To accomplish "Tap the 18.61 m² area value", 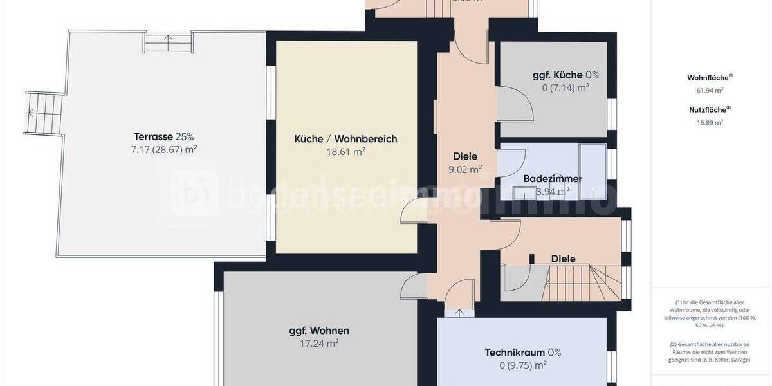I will pos(345,152).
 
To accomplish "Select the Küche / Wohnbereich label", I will pos(345,139).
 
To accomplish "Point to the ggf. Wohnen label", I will pos(319,331).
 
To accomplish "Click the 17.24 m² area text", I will pos(319,344).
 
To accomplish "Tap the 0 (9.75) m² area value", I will pos(522,365).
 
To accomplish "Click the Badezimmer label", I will pos(553,178).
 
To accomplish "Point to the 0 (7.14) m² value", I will pos(565,87).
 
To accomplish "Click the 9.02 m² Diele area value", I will pos(465,170).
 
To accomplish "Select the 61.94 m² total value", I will pos(706,90).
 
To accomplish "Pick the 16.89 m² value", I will pos(706,122).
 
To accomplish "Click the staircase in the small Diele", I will pos(583,284).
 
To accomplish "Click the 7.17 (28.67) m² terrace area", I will pos(163,150).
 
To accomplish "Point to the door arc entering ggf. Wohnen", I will pos(412,286).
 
